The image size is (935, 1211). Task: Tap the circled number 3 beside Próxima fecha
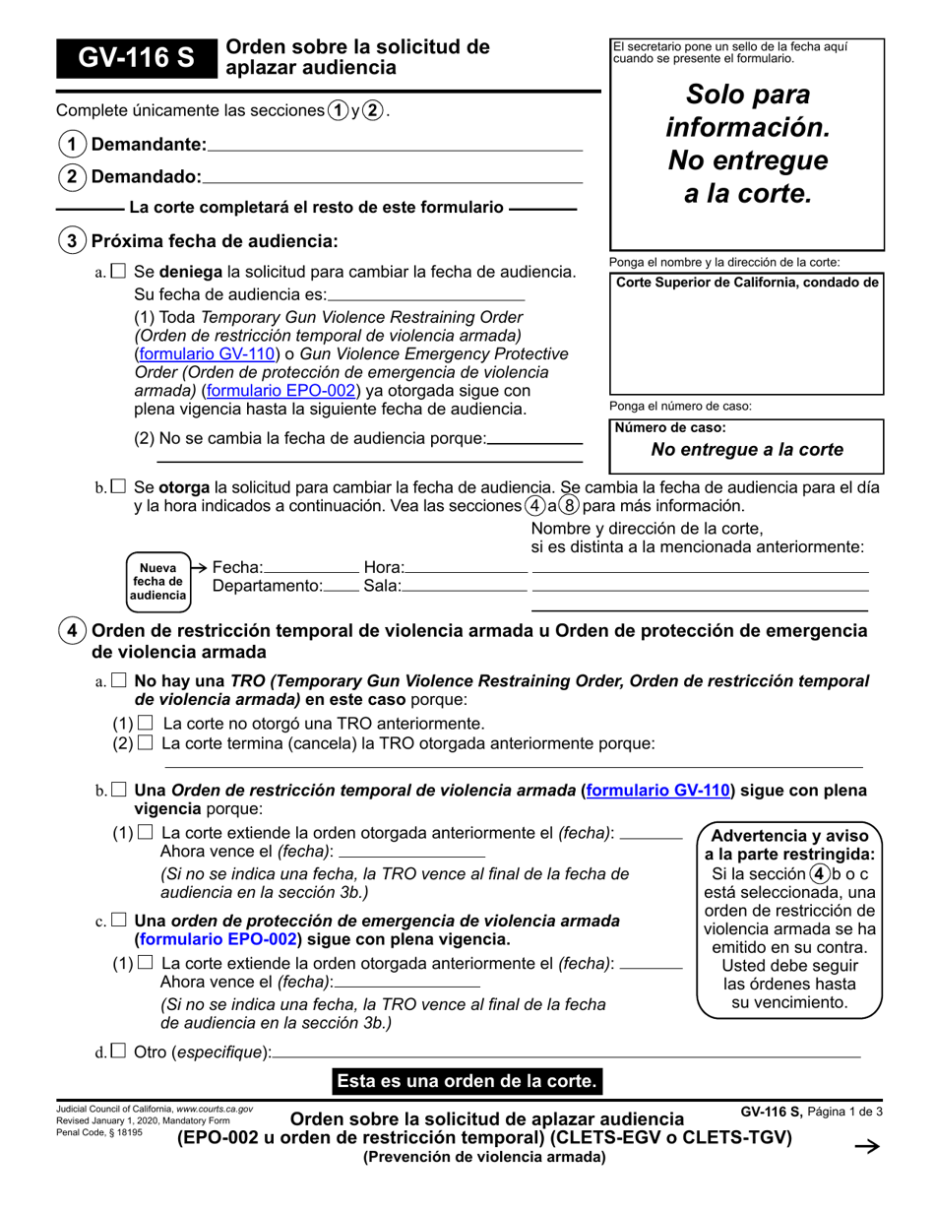pyautogui.click(x=72, y=241)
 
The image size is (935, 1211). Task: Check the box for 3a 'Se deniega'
pyautogui.click(x=118, y=271)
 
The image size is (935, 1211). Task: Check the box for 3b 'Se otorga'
pyautogui.click(x=118, y=486)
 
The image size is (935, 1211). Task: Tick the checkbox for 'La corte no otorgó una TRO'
pyautogui.click(x=146, y=724)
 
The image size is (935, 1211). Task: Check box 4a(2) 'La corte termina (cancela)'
pyautogui.click(x=146, y=743)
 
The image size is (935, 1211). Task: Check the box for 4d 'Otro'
pyautogui.click(x=118, y=1052)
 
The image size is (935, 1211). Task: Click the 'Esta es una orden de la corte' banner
pyautogui.click(x=467, y=1081)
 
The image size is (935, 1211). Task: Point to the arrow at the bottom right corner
pyautogui.click(x=865, y=1147)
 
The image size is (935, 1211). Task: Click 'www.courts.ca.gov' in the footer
pyautogui.click(x=214, y=1110)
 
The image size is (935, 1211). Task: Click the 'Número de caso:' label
pyautogui.click(x=670, y=427)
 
